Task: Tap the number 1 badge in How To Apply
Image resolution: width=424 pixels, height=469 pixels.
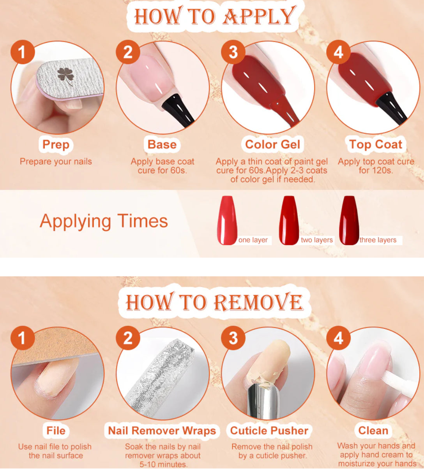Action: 23,52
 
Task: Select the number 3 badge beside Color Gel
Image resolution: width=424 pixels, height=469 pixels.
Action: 233,52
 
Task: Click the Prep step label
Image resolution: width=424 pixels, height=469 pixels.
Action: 56,144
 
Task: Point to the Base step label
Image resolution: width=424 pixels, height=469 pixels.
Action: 162,144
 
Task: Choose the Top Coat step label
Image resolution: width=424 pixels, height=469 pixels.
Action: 376,144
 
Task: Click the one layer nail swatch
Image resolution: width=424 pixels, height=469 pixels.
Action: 227,220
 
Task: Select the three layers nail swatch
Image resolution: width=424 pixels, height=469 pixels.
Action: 349,220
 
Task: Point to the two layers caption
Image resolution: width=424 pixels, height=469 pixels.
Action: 317,240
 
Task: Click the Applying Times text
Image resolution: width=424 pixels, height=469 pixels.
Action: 104,221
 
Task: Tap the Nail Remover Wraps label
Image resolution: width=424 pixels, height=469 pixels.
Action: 162,430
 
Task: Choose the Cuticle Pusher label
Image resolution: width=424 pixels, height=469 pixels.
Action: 269,430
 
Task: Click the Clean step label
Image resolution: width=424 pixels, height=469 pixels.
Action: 373,430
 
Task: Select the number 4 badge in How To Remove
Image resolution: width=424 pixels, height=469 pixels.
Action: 339,338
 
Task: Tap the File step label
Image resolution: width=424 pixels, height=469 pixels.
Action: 56,430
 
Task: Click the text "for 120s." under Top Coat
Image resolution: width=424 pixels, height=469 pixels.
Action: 376,170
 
